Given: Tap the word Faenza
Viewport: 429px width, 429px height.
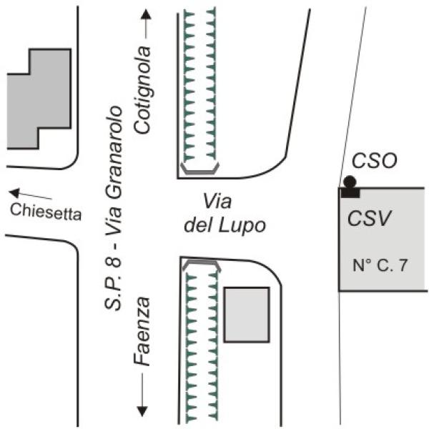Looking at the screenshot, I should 143,332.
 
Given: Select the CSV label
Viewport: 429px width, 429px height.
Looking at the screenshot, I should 369,218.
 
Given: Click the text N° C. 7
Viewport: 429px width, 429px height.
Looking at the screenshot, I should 380,265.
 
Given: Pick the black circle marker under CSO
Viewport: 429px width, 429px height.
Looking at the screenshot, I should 350,182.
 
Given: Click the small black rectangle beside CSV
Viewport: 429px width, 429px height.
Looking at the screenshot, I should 350,192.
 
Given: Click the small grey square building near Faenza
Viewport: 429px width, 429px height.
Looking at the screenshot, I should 247,315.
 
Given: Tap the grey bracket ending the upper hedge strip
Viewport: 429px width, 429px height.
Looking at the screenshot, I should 200,169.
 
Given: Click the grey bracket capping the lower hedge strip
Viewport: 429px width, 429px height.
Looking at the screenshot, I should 201,265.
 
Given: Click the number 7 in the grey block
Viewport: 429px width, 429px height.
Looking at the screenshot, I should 405,265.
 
